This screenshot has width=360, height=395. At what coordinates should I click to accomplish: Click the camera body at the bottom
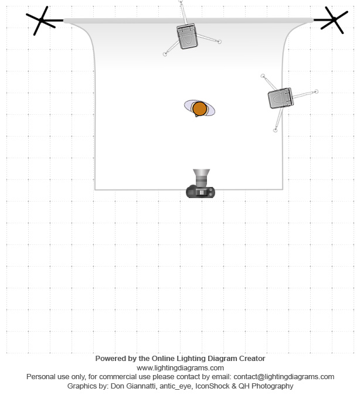(201, 192)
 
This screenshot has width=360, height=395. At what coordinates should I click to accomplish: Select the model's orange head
(199, 108)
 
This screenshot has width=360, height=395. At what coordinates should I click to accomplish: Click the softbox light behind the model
(187, 36)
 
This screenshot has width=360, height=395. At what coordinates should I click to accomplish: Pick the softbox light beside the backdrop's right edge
(281, 98)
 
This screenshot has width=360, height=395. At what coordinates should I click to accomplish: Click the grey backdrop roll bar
(188, 21)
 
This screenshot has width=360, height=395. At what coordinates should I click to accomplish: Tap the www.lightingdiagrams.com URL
(180, 368)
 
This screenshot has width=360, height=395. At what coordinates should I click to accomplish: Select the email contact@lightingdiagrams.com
(284, 377)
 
